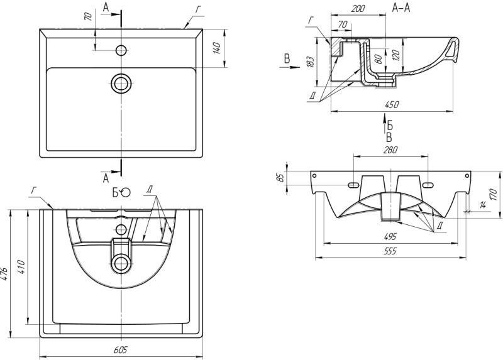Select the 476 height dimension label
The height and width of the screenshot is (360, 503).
[x=6, y=274]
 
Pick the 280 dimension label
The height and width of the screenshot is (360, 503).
[x=391, y=151]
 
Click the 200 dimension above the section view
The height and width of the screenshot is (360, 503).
[x=358, y=9]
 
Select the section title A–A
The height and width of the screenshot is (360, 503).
[x=402, y=8]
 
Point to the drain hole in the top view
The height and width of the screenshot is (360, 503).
[x=121, y=82]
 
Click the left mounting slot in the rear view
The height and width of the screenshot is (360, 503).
[x=354, y=185]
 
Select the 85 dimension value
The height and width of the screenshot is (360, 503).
[x=282, y=178]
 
